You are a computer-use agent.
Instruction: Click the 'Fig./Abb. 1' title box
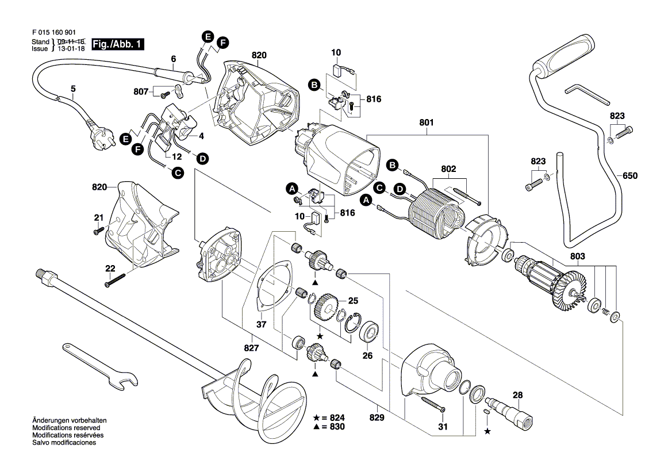[x=118, y=44]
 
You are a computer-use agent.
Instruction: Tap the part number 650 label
[x=630, y=175]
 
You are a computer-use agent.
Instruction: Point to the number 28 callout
[x=517, y=395]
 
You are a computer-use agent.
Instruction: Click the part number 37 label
[x=262, y=324]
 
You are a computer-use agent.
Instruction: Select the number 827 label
[x=251, y=348]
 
